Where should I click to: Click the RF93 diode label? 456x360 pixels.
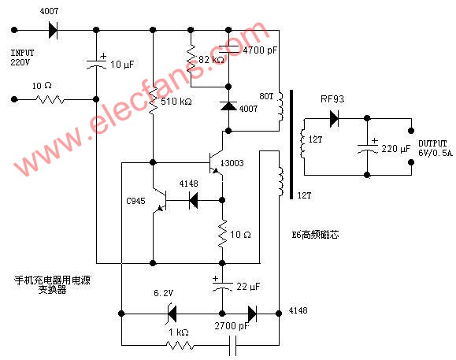point(332,100)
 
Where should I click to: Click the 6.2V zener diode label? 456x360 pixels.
point(163,293)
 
